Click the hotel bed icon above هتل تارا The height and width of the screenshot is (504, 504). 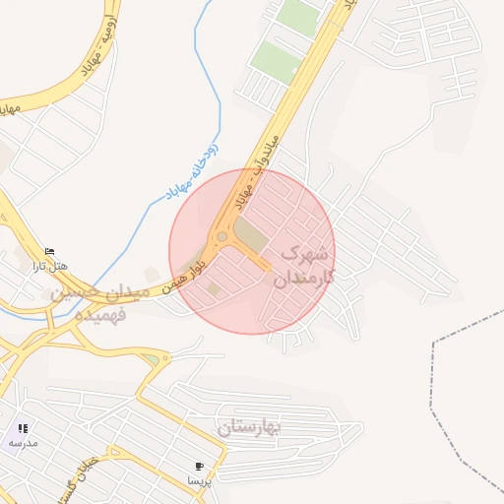[50, 251]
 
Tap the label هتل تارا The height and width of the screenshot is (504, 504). [49, 266]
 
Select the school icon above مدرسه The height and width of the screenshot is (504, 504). [23, 428]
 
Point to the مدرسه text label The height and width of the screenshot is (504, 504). [23, 443]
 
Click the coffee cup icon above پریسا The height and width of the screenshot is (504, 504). [200, 466]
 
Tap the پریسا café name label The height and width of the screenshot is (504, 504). [200, 480]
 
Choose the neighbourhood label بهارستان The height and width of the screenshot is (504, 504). [249, 427]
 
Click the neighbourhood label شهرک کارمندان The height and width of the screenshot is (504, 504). [307, 265]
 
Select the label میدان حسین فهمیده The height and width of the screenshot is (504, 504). [98, 304]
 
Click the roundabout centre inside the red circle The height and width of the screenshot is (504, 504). [222, 236]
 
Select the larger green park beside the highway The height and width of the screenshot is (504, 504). [275, 61]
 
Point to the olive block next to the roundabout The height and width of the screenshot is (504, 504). [252, 235]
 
